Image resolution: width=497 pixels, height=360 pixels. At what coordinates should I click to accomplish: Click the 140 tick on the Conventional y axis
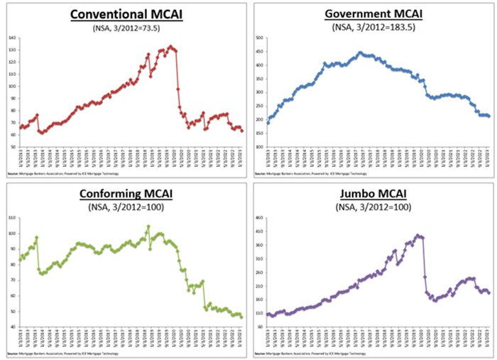pos(12,38)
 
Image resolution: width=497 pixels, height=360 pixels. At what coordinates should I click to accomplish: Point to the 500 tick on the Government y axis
pos(259,38)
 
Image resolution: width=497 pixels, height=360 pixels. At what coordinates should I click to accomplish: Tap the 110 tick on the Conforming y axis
pos(12,217)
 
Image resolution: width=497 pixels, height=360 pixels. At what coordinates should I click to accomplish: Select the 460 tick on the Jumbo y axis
pos(259,217)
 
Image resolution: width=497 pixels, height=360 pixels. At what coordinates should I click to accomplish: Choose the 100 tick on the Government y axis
pos(259,147)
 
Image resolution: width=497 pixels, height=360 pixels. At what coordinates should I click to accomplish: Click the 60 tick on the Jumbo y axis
pos(260,327)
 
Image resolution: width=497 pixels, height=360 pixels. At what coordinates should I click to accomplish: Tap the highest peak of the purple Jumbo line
pos(419,235)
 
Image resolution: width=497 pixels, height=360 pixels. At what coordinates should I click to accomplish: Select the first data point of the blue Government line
pos(268,123)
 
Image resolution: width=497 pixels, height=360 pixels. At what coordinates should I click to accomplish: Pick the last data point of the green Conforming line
pos(242,317)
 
